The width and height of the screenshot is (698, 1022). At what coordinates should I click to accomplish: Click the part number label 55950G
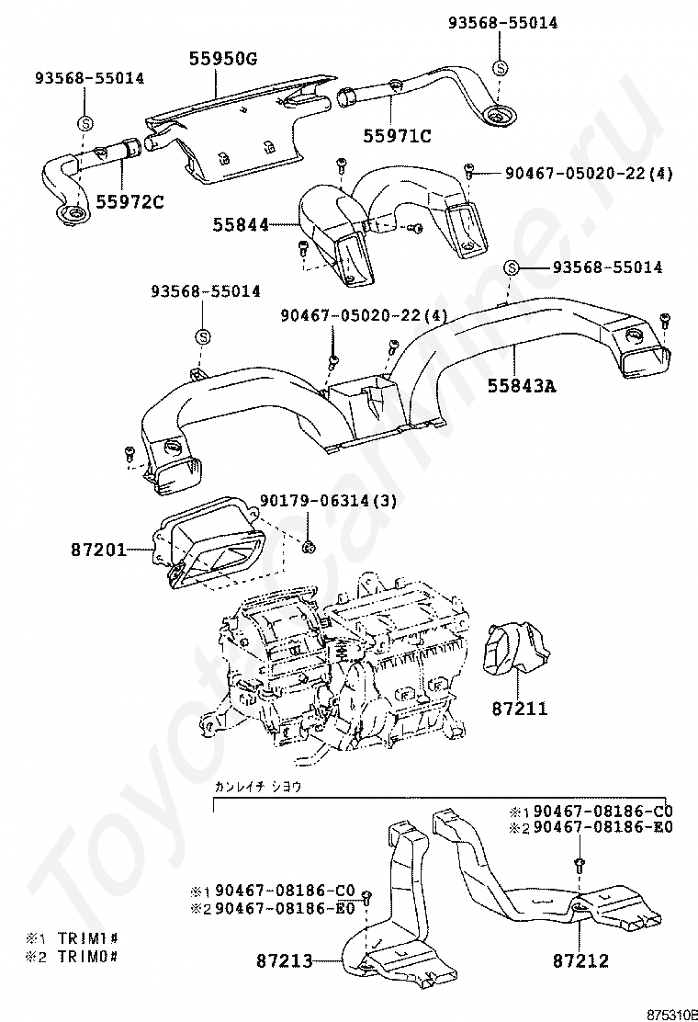pos(223,60)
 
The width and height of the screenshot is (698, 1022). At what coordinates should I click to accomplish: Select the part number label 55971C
pos(397,137)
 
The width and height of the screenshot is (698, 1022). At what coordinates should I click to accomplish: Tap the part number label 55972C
pos(129,201)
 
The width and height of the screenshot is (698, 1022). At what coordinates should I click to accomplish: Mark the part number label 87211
pos(519,709)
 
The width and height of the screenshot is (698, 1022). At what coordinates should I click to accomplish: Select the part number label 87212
pos(581,961)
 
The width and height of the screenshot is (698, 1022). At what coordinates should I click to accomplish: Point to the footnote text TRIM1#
pos(86,939)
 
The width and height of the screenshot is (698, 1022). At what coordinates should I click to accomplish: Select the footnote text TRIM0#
pos(86,956)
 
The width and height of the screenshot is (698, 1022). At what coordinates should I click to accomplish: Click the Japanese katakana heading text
pos(257,787)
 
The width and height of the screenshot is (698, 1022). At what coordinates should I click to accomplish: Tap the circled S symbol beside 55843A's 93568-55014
pos(512,267)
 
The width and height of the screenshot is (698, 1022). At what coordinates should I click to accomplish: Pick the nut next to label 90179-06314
pos(310,548)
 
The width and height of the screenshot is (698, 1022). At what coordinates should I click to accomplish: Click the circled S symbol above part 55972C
pos(84,122)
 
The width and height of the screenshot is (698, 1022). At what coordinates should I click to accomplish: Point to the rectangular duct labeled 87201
pos(209,546)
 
